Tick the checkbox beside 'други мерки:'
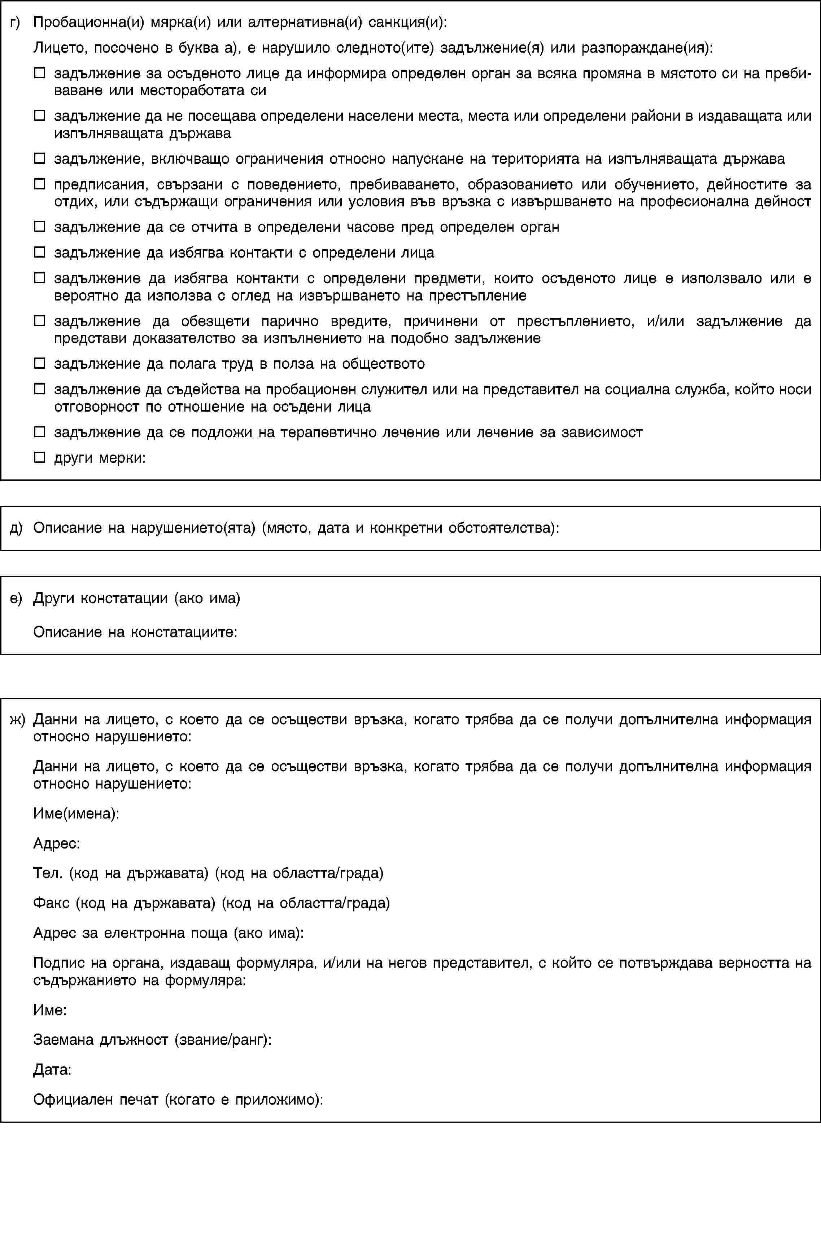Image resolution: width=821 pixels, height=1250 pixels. [39, 457]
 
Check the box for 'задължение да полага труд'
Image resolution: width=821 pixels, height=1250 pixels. [39, 363]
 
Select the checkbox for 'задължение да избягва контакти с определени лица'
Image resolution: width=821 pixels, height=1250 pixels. [39, 252]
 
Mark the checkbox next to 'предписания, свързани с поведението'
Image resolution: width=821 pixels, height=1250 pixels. [39, 184]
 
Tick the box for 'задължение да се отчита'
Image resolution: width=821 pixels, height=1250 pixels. [39, 226]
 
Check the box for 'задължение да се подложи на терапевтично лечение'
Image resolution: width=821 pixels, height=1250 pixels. [39, 432]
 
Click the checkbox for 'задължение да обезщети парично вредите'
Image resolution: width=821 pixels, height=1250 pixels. [39, 320]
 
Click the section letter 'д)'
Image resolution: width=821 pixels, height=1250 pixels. [16, 528]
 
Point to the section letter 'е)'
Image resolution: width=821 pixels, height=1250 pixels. [16, 598]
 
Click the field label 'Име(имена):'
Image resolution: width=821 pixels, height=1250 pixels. [76, 813]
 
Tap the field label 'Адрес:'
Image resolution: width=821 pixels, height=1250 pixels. [56, 843]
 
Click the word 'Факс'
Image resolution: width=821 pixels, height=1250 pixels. [52, 903]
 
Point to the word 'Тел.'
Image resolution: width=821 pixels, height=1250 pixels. [48, 873]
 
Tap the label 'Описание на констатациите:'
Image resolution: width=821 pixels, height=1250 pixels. [135, 632]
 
